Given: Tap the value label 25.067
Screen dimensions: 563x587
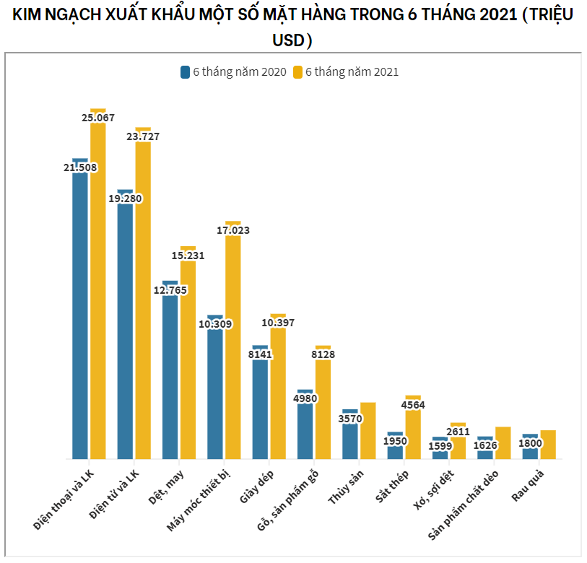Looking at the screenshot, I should (98, 118).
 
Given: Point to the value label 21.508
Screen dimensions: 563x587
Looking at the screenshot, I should (80, 167).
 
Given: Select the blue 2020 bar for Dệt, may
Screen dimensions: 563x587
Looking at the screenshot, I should (170, 375).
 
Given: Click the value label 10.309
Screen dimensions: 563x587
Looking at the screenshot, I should (214, 324).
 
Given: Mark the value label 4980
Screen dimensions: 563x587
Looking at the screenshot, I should (305, 398).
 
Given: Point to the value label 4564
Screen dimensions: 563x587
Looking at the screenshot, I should (414, 405).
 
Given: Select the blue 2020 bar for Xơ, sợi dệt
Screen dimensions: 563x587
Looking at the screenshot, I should (440, 452).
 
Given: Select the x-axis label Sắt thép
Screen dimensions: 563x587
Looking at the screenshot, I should (392, 486).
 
